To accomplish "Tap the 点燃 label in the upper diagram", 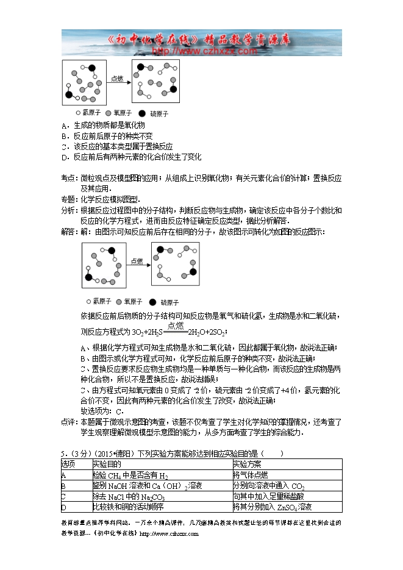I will pyautogui.click(x=117, y=78).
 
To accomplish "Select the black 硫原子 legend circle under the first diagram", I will pyautogui.click(x=142, y=113).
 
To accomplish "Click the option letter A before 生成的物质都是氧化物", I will pyautogui.click(x=64, y=125).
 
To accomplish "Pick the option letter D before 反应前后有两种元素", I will pyautogui.click(x=64, y=157).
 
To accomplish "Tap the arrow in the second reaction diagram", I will pyautogui.click(x=137, y=265).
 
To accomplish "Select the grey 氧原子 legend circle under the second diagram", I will pyautogui.click(x=119, y=301).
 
